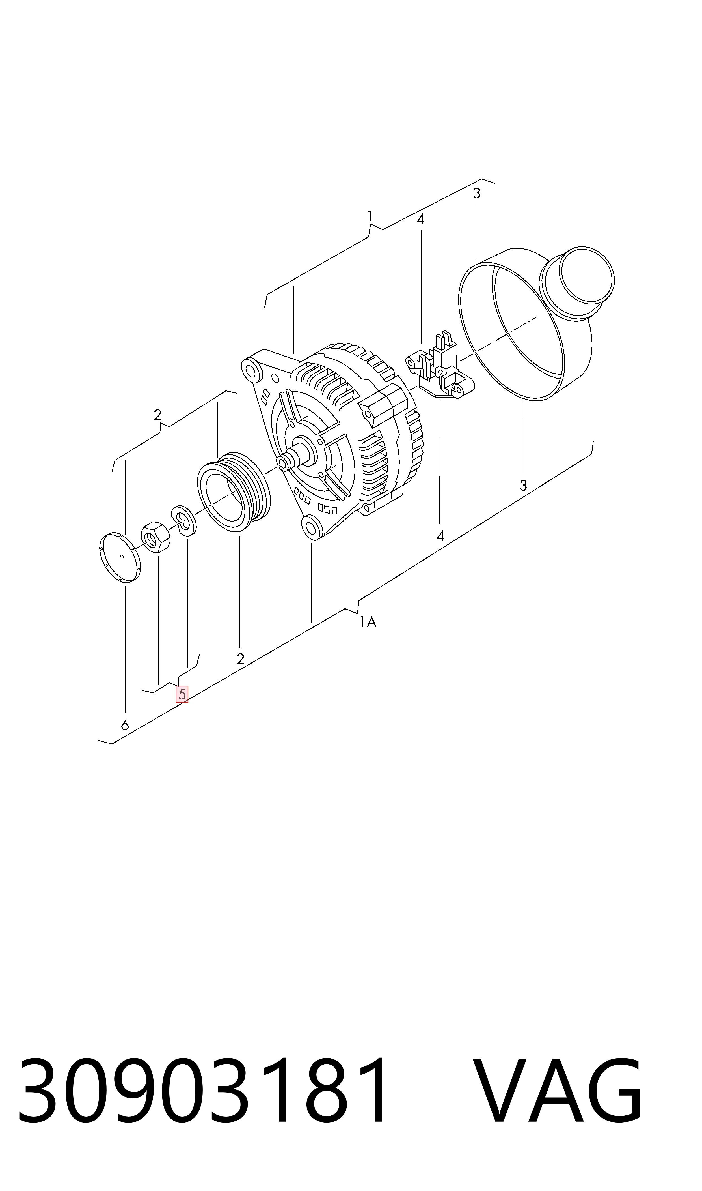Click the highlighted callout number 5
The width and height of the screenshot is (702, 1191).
pyautogui.click(x=182, y=694)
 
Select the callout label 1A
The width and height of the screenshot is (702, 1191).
pyautogui.click(x=368, y=622)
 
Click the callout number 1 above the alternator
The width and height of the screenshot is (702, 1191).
pyautogui.click(x=370, y=216)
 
